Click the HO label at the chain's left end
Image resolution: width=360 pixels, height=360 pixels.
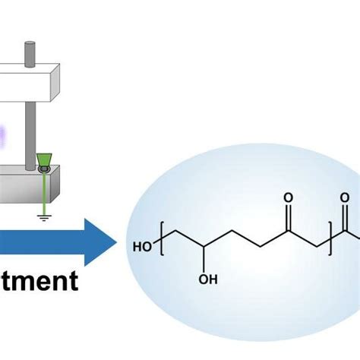pos(141,247)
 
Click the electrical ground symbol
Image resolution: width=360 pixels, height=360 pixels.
pos(45,215)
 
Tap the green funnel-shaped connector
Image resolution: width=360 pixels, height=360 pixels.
pos(44,159)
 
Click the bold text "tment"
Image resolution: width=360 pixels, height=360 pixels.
pos(38,282)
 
